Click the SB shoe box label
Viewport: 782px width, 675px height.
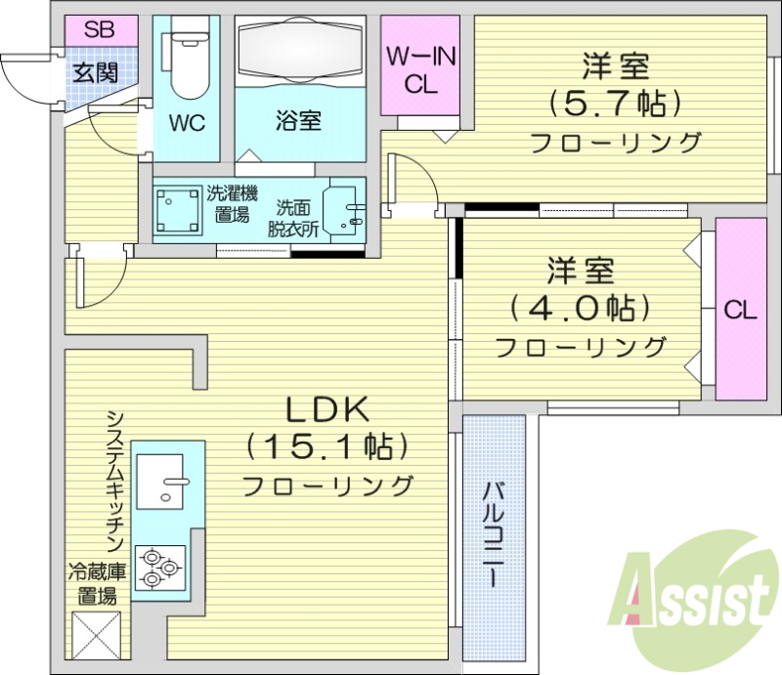click(98, 29)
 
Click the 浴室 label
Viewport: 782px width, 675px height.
click(299, 122)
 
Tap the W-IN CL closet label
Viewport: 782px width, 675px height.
click(421, 70)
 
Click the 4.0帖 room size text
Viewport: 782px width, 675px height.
click(580, 309)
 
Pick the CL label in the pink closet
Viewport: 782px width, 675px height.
click(740, 312)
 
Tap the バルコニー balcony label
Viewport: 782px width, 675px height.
click(494, 533)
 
